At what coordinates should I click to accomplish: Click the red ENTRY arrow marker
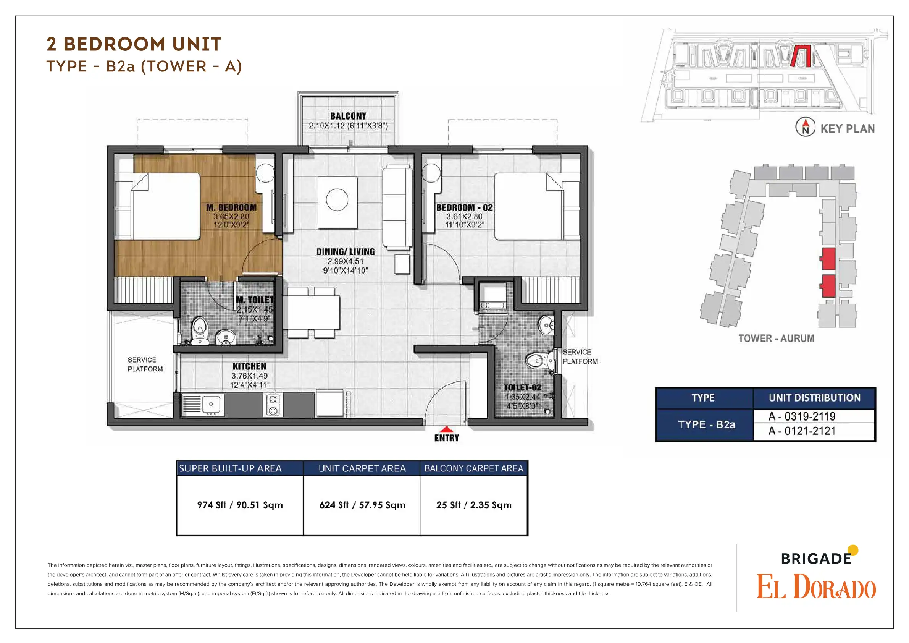pos(447,429)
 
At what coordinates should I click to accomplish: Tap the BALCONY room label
pos(349,116)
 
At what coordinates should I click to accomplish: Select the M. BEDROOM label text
pos(231,207)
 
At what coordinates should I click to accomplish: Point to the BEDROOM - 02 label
pos(464,207)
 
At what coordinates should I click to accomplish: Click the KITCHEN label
pos(249,366)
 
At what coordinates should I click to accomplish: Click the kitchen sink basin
pos(211,404)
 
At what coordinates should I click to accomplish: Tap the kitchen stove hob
pos(273,405)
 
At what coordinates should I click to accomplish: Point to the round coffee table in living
pos(337,199)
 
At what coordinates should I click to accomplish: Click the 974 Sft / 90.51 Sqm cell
pos(240,505)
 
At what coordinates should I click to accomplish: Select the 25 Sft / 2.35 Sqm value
pos(474,505)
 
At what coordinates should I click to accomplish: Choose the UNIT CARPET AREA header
pos(362,468)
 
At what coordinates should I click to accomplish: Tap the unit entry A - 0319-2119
pos(802,416)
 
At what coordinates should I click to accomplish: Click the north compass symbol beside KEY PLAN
pos(805,127)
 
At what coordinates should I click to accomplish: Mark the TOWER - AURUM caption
pos(777,339)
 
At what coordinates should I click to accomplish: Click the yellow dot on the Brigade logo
pos(854,550)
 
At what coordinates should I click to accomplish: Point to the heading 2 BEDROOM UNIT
pos(134,44)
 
